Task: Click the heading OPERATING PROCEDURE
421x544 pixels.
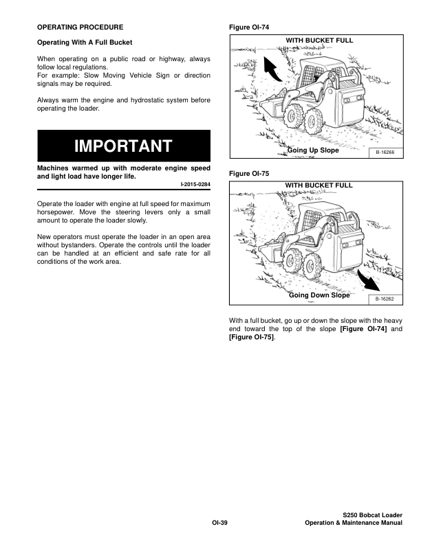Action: click(x=80, y=27)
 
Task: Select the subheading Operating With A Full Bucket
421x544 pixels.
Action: click(x=84, y=43)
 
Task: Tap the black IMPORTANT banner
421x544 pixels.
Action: click(x=123, y=146)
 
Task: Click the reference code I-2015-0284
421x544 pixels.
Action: click(x=195, y=185)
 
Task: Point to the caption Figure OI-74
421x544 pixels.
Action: click(x=248, y=27)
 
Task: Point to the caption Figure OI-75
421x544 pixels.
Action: click(x=248, y=174)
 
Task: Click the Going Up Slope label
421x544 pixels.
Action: click(x=313, y=150)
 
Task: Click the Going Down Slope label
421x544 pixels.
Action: click(x=319, y=295)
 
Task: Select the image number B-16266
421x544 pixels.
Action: click(x=385, y=153)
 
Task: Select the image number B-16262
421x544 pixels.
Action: click(x=385, y=299)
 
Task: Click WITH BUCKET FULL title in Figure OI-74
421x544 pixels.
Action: click(x=319, y=41)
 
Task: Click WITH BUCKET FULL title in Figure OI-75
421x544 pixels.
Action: click(x=319, y=186)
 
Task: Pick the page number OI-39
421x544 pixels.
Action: click(x=219, y=523)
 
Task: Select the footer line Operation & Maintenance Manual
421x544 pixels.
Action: click(x=353, y=523)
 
